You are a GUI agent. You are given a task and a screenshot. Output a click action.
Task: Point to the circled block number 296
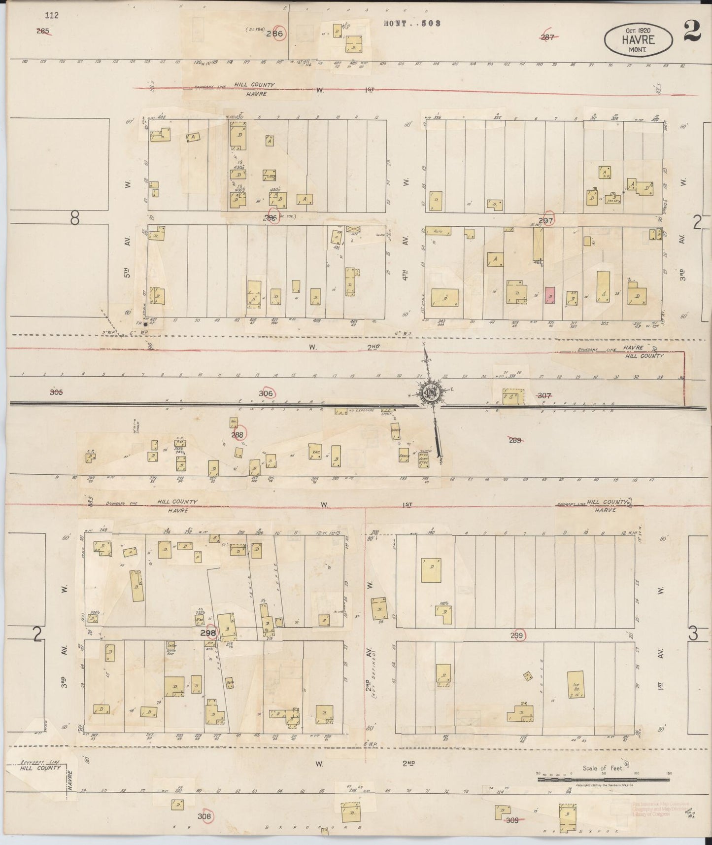[x=270, y=218]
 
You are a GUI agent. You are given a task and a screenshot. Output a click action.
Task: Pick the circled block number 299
[x=516, y=635]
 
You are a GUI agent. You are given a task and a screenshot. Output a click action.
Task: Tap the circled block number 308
[x=204, y=816]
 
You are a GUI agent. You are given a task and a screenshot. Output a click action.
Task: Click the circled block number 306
[x=266, y=393]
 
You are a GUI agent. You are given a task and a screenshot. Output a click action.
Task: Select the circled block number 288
[x=237, y=434]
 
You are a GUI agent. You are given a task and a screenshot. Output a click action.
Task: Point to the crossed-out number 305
[x=57, y=392]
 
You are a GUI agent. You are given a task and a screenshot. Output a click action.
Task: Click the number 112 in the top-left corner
[x=51, y=15]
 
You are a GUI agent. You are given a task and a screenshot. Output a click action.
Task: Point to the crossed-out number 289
[x=515, y=440]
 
